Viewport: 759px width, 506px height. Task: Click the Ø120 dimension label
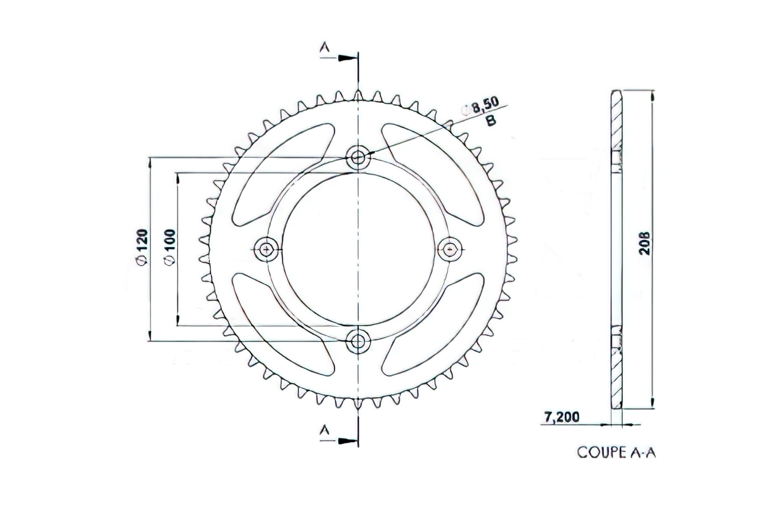pyautogui.click(x=142, y=247)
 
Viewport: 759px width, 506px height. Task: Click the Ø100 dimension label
pyautogui.click(x=170, y=247)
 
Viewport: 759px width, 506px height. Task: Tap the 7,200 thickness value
pyautogui.click(x=562, y=417)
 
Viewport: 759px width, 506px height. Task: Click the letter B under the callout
pyautogui.click(x=491, y=120)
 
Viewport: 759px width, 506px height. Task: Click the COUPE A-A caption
pyautogui.click(x=616, y=453)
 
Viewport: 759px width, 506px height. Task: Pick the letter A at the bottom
pyautogui.click(x=325, y=430)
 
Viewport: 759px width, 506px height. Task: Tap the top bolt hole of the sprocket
pyautogui.click(x=358, y=157)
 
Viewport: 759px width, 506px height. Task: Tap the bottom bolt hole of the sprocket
pyautogui.click(x=358, y=341)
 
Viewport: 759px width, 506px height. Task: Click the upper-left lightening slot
pyautogui.click(x=280, y=174)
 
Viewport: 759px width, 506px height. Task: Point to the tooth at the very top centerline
pyautogui.click(x=358, y=95)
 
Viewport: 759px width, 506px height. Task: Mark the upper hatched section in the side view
pyautogui.click(x=617, y=121)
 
